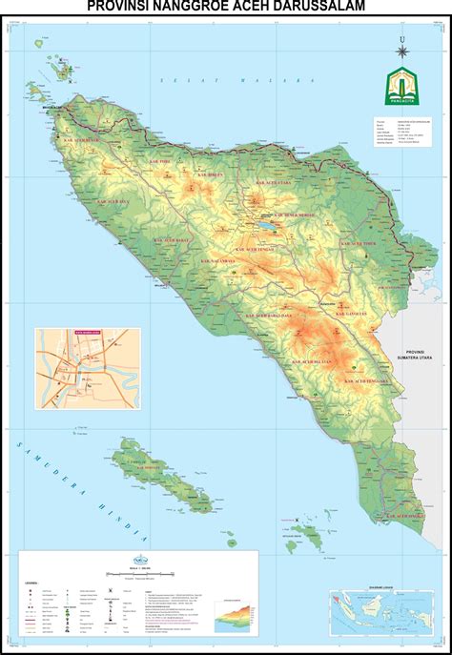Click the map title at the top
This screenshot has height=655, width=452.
click(225, 8)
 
